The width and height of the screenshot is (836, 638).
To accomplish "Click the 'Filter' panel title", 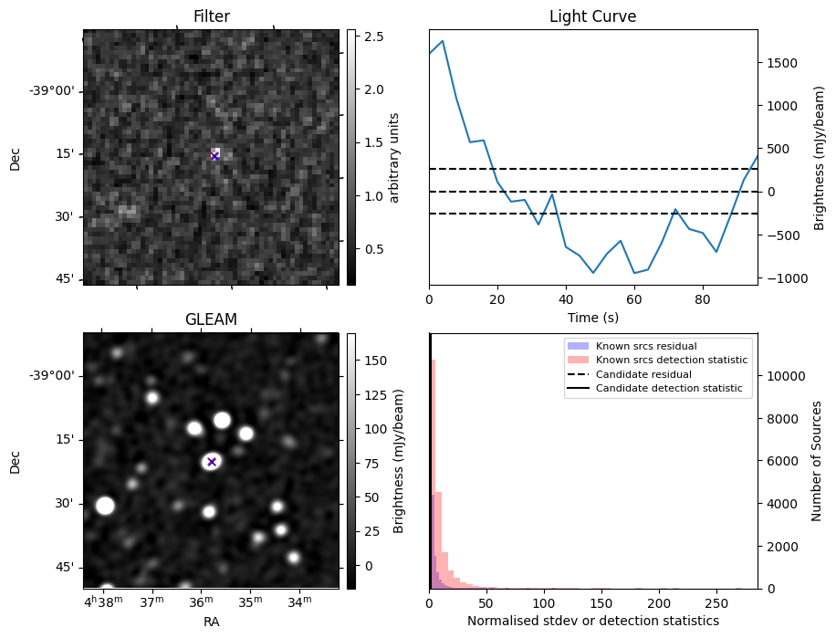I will [x=211, y=16].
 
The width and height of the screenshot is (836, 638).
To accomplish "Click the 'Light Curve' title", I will [x=592, y=16].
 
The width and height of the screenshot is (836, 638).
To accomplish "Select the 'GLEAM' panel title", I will [x=211, y=319].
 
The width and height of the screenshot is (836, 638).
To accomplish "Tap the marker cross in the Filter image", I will [x=214, y=156].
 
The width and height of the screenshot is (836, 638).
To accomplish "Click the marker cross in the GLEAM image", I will [x=212, y=461].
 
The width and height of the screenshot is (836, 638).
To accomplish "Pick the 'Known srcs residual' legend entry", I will [x=645, y=347].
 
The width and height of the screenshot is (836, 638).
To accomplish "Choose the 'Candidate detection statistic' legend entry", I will [x=669, y=389].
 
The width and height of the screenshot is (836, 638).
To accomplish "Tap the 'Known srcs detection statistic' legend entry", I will [x=671, y=361].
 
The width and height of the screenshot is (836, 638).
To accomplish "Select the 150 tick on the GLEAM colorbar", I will [x=377, y=361].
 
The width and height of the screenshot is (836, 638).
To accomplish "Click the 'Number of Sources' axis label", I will [x=817, y=461].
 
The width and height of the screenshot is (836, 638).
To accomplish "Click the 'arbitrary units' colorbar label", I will [x=394, y=157].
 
